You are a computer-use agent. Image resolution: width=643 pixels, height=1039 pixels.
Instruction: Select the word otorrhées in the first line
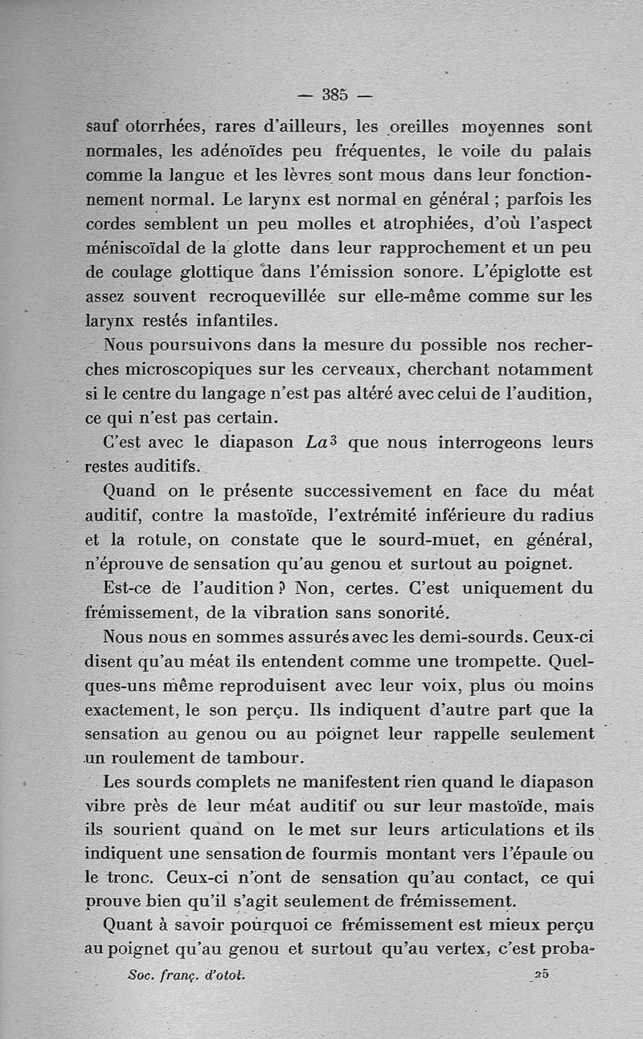point(165,127)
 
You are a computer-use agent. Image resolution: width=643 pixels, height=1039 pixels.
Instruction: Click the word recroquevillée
point(267,297)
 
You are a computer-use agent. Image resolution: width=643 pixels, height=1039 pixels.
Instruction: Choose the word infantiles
point(219,321)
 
